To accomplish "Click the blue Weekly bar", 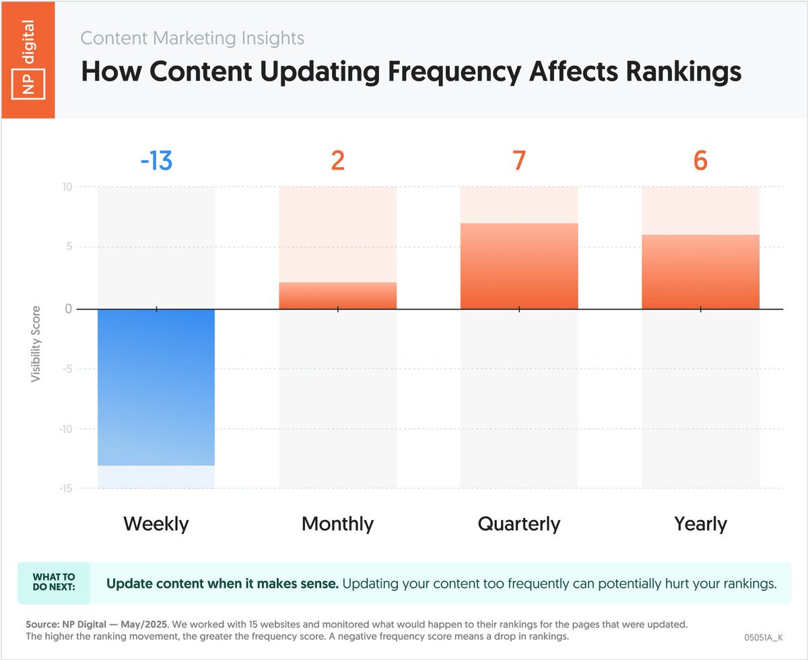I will pyautogui.click(x=156, y=387).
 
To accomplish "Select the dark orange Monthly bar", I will pyautogui.click(x=337, y=296).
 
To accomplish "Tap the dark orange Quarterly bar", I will pyautogui.click(x=519, y=266).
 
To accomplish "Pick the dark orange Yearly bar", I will pyautogui.click(x=700, y=272).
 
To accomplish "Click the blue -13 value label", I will pyautogui.click(x=156, y=162).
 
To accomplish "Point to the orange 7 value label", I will pyautogui.click(x=519, y=162).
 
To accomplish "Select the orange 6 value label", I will pyautogui.click(x=700, y=162).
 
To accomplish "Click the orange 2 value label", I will pyautogui.click(x=337, y=162).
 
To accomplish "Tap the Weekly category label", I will pyautogui.click(x=156, y=524).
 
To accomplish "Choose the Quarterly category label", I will pyautogui.click(x=519, y=524).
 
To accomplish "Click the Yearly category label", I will pyautogui.click(x=700, y=524).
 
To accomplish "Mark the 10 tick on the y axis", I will pyautogui.click(x=67, y=187).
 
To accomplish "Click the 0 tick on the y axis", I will pyautogui.click(x=69, y=309).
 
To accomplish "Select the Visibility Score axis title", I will pyautogui.click(x=36, y=344).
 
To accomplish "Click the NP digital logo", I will pyautogui.click(x=28, y=59).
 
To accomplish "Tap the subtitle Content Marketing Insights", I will pyautogui.click(x=193, y=38).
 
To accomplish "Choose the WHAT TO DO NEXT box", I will pyautogui.click(x=54, y=583).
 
